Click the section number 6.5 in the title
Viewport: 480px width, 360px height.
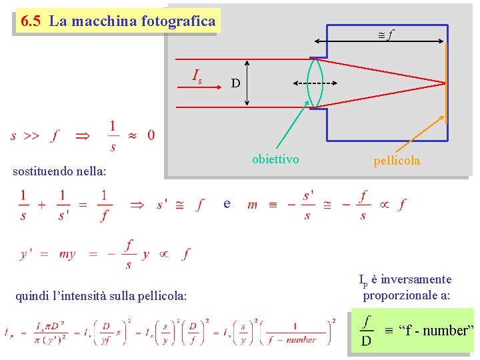pos(31,21)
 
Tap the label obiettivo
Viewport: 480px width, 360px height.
pos(275,159)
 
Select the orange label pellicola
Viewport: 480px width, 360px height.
pos(397,161)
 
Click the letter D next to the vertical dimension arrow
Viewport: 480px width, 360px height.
pos(235,83)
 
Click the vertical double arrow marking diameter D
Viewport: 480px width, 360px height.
pos(247,83)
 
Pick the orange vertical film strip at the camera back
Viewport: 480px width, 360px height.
pos(446,83)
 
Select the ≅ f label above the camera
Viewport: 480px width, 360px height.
pos(385,31)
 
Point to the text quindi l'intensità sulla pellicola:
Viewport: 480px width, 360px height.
pos(101,295)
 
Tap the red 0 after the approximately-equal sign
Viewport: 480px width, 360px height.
pos(151,135)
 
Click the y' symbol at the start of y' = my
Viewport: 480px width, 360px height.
pos(27,254)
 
